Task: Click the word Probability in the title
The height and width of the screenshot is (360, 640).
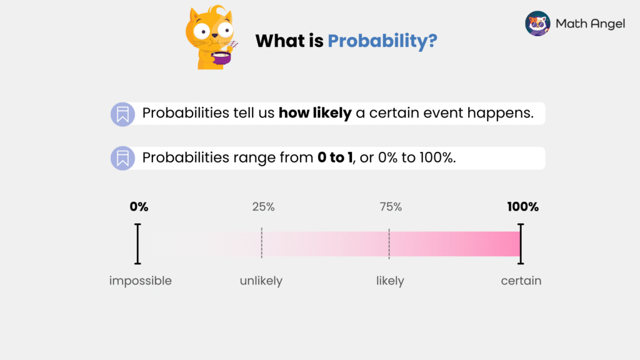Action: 382,41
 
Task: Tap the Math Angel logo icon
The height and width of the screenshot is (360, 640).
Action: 537,24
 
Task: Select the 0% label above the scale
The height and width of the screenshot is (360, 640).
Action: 139,207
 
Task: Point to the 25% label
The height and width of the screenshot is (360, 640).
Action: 263,207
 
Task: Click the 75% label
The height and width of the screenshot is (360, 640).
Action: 391,207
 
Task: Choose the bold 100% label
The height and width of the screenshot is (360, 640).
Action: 522,207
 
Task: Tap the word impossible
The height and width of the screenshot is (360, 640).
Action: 140,281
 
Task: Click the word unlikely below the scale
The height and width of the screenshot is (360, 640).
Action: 261,281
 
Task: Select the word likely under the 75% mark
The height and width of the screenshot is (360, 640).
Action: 390,281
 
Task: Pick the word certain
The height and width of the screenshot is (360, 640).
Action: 521,281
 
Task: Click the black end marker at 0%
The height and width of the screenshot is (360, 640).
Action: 137,244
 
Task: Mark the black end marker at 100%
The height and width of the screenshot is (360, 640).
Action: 521,244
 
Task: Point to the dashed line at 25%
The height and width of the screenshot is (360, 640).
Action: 262,244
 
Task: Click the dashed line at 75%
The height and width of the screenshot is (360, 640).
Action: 389,244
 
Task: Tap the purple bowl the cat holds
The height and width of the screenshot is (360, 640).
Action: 221,58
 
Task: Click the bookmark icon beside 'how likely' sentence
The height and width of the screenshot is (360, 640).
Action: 122,114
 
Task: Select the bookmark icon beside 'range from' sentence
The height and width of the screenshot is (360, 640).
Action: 122,158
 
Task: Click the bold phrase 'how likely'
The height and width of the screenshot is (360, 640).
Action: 315,114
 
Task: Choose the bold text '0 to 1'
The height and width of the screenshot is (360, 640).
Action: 334,158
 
